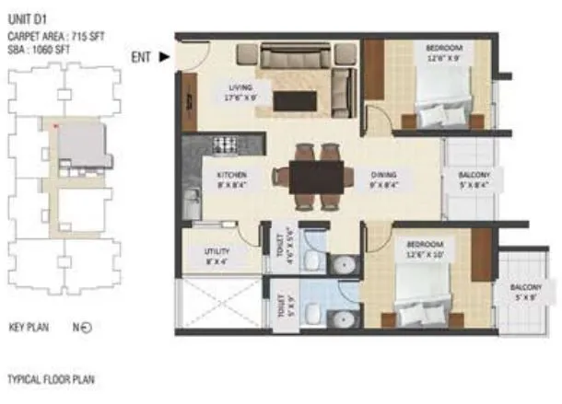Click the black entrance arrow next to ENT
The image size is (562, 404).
coord(164,57)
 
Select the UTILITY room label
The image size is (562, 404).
coord(217,251)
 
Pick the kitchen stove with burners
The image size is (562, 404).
coord(226,144)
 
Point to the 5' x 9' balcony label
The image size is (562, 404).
coord(528,292)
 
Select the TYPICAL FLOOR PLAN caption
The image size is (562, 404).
coord(51,379)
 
